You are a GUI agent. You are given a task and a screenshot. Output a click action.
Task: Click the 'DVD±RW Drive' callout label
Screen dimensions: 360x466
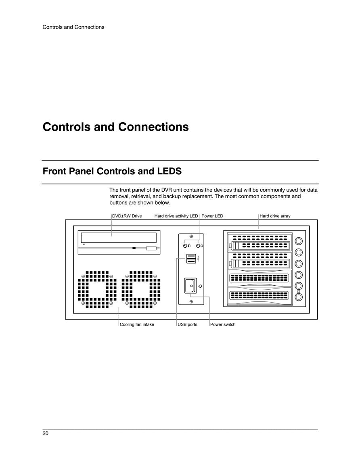coord(127,216)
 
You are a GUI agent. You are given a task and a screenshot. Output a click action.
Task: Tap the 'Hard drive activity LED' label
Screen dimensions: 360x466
coord(176,216)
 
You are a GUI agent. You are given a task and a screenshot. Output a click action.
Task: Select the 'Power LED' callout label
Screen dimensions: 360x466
coord(212,216)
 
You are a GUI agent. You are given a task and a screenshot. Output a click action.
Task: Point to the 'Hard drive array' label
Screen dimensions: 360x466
coord(275,216)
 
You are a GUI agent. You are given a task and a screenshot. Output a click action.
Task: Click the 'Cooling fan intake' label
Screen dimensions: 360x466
coord(137,324)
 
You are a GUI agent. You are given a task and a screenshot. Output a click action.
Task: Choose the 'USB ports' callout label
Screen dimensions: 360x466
coord(188,324)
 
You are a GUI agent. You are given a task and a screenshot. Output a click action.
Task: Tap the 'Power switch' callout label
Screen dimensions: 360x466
coord(223,324)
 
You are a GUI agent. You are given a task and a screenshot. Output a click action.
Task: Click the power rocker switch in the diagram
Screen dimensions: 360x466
coord(190,286)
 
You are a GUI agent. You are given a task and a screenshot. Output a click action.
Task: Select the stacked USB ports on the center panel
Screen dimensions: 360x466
coord(191,259)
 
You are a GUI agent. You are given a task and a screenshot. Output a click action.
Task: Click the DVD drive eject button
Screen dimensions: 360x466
coord(151,248)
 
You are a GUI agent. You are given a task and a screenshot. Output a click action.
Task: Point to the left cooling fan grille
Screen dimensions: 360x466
coord(97,289)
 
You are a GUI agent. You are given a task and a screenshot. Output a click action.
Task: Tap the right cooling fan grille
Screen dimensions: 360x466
coord(141,289)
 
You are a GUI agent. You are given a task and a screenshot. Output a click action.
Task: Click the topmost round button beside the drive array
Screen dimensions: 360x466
coord(299,241)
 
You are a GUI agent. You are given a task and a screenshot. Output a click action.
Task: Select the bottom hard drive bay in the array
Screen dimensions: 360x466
coord(260,295)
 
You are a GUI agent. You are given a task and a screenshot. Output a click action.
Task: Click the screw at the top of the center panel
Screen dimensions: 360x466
coord(191,236)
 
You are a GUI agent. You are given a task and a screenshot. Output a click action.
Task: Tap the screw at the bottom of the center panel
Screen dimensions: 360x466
coord(191,302)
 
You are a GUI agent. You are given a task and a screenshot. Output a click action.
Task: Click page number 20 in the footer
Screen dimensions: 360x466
coord(45,433)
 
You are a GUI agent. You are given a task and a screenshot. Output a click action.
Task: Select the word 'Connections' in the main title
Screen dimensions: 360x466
coord(153,127)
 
